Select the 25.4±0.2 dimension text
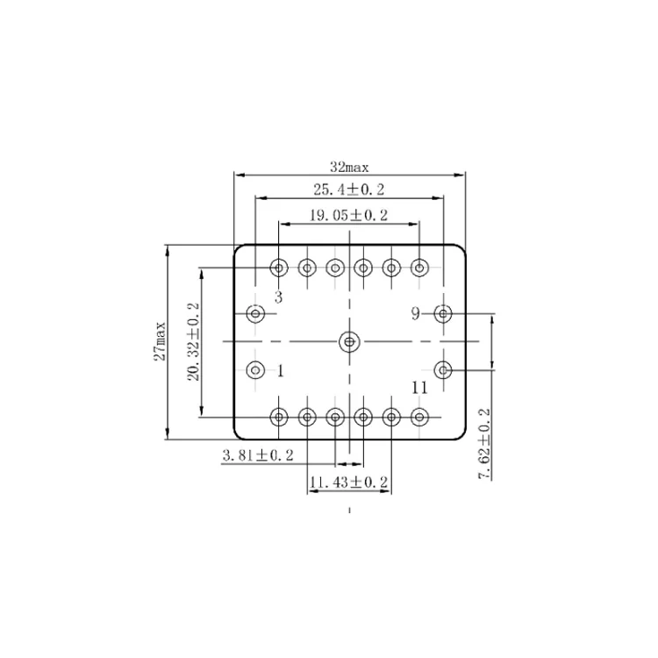coord(349,190)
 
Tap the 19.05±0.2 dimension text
coord(348,214)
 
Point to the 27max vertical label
coord(160,341)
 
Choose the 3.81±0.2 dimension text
coord(258,454)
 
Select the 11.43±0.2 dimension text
coord(348,483)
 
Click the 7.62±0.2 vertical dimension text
coord(483,443)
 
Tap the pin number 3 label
coord(278,297)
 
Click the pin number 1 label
coord(280,370)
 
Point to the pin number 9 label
coord(417,313)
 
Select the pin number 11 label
coord(418,387)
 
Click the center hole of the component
coord(350,341)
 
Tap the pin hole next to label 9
coord(444,313)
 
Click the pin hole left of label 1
coord(255,369)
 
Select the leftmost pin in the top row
coord(279,268)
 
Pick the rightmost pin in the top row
coord(420,268)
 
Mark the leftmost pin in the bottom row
coord(279,417)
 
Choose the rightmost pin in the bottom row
coord(420,417)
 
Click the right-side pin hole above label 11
coord(444,369)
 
